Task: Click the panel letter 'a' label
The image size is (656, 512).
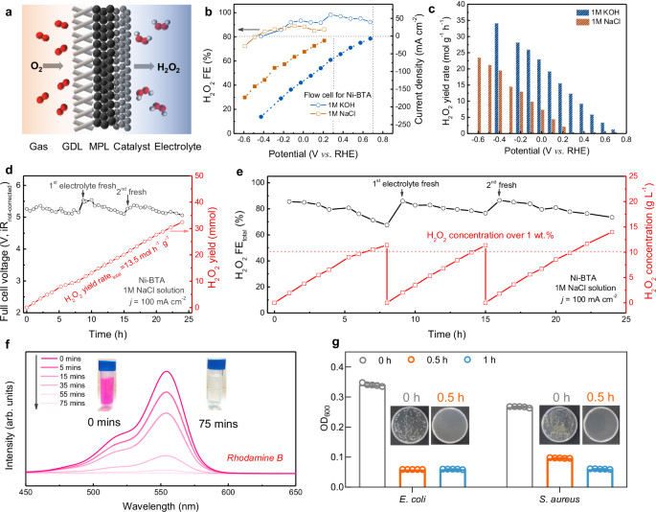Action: point(9,9)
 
